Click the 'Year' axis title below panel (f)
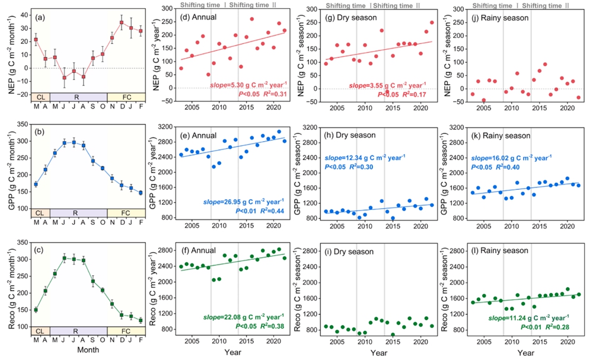point(231,352)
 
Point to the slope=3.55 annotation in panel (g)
point(382,85)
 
